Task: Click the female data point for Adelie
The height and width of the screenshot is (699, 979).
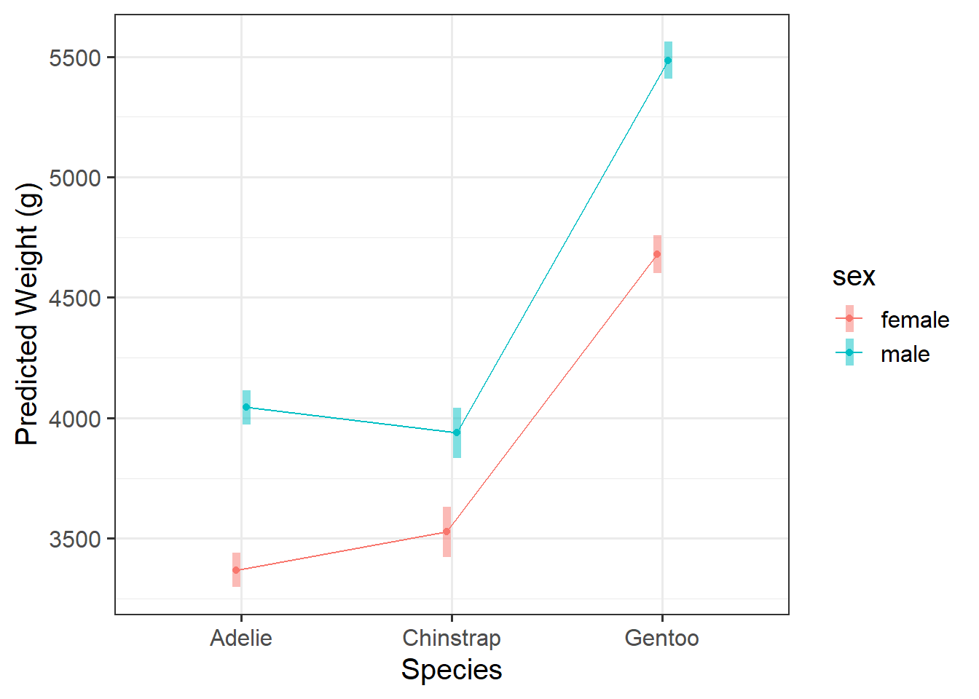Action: pos(236,570)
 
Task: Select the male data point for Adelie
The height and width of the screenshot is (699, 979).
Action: pos(246,407)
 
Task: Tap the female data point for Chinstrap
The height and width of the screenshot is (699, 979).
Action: pos(447,532)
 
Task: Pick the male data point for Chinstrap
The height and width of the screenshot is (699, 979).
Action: pos(457,433)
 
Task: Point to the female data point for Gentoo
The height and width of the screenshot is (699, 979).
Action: pos(657,254)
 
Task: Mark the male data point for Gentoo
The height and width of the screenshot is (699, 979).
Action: pos(668,60)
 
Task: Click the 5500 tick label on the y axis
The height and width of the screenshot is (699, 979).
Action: pos(75,58)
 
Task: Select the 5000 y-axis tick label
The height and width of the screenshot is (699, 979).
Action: pos(75,178)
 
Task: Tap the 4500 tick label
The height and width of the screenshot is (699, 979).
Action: pos(75,299)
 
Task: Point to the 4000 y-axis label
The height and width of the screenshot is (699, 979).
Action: pos(75,419)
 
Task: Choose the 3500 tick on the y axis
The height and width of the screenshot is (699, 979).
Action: pos(75,540)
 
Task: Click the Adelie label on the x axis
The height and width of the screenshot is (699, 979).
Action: pos(241,639)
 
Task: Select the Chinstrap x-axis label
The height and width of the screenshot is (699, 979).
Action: pos(452,639)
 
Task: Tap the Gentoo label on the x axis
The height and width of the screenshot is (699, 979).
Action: pos(661,639)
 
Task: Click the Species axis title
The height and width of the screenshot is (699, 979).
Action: pos(452,670)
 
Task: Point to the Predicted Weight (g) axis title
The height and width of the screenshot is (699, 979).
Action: pos(27,314)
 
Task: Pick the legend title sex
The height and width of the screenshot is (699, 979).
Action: pos(854,277)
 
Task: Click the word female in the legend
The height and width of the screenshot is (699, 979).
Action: pos(915,320)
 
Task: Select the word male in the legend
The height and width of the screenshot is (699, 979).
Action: pos(905,355)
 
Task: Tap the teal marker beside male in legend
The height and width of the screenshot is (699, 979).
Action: pos(849,352)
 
